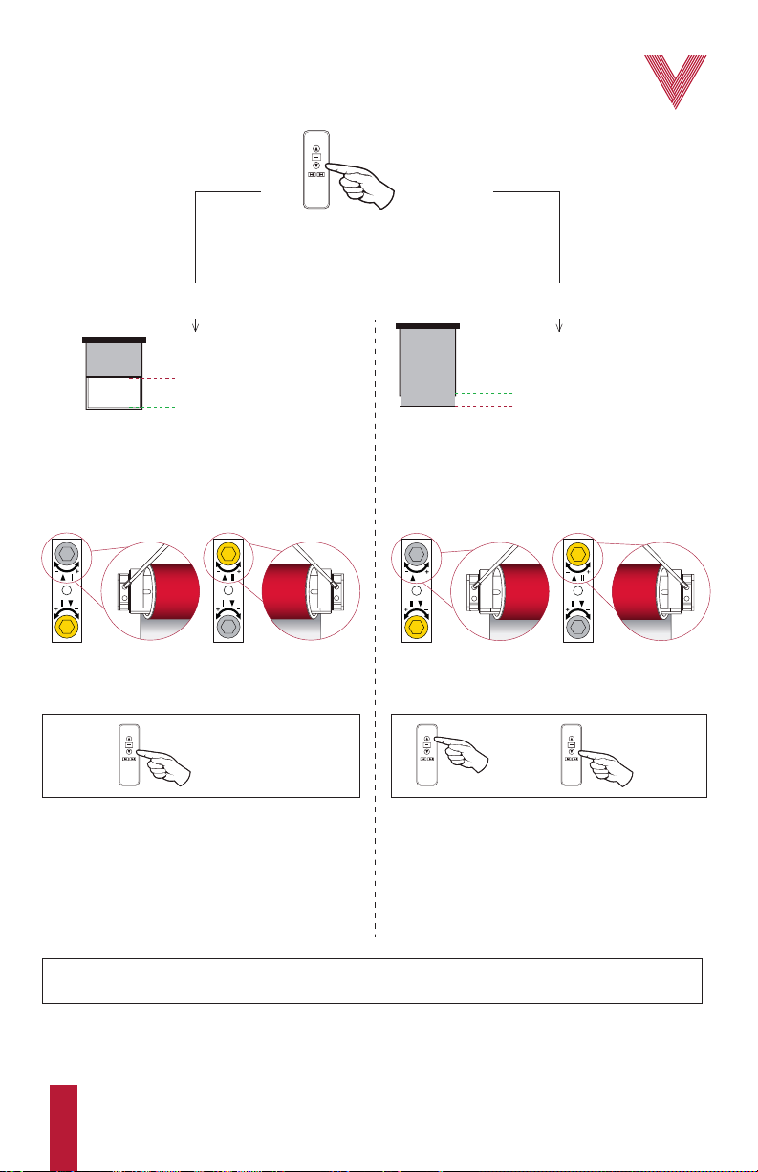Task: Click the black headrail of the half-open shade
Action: pyautogui.click(x=115, y=340)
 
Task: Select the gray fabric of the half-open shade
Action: pyautogui.click(x=114, y=360)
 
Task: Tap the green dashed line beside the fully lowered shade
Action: pyautogui.click(x=487, y=393)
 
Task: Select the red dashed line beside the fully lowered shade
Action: pyautogui.click(x=487, y=407)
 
